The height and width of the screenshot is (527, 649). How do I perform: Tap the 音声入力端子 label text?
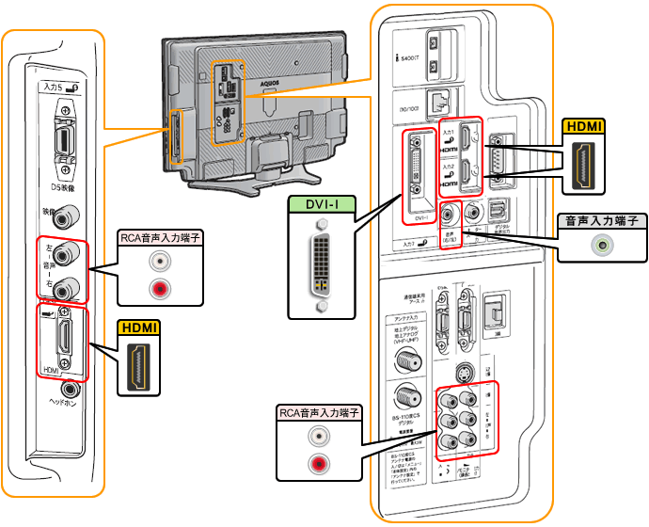[599, 222]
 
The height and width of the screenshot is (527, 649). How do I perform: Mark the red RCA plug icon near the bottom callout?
[320, 462]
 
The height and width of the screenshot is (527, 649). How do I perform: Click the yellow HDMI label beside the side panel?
[138, 328]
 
